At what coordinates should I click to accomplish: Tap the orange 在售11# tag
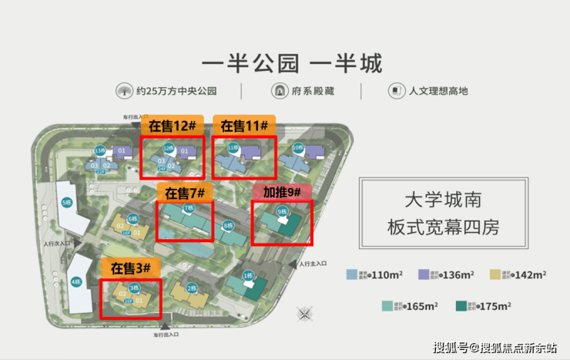243,126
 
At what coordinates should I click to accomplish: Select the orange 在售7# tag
182,190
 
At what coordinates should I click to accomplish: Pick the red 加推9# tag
281,190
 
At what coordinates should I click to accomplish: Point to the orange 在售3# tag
131,268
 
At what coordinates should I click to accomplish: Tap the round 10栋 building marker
297,147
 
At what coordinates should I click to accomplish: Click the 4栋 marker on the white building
75,282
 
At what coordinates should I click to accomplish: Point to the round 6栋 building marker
132,219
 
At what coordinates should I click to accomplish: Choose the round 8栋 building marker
228,225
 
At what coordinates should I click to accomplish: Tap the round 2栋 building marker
190,288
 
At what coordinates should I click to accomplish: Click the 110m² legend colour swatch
351,274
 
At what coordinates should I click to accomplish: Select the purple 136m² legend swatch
423,274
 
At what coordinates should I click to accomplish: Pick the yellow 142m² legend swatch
495,274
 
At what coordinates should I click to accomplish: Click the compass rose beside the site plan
307,314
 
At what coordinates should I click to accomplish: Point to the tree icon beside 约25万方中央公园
123,91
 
